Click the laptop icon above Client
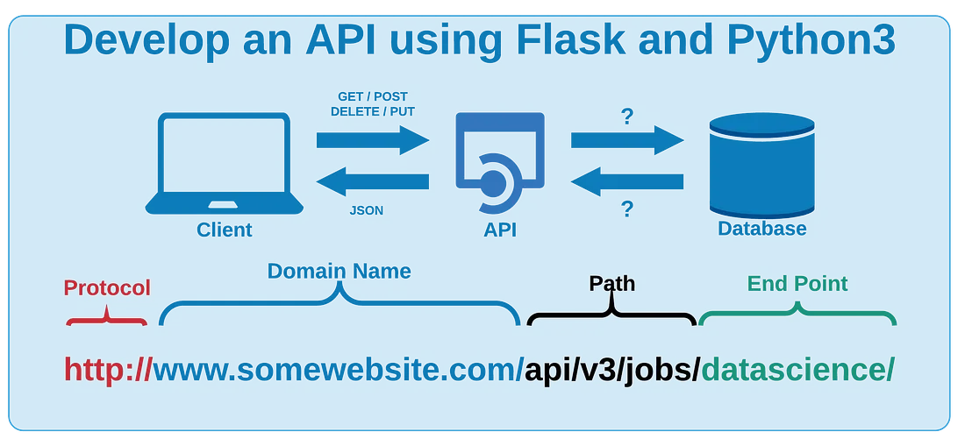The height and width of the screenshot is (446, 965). pos(224,163)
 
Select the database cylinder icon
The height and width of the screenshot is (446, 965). pos(761,166)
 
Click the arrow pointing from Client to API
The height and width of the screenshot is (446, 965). pos(372,140)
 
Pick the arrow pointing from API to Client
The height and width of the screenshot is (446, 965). pos(372,181)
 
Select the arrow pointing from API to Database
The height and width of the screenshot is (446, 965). pos(627,140)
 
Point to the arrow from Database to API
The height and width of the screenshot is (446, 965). pos(627,181)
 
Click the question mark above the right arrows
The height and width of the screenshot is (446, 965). pos(627,117)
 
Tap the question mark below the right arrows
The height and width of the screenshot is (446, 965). pos(627,209)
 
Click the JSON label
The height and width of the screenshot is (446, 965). pos(367,210)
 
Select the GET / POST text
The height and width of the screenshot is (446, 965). pos(373,96)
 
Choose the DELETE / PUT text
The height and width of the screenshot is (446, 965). pos(373,112)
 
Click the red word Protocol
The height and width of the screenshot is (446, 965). pos(107,288)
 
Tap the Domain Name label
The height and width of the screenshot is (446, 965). pos(340,271)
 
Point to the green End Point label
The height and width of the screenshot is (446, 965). pos(797,284)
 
